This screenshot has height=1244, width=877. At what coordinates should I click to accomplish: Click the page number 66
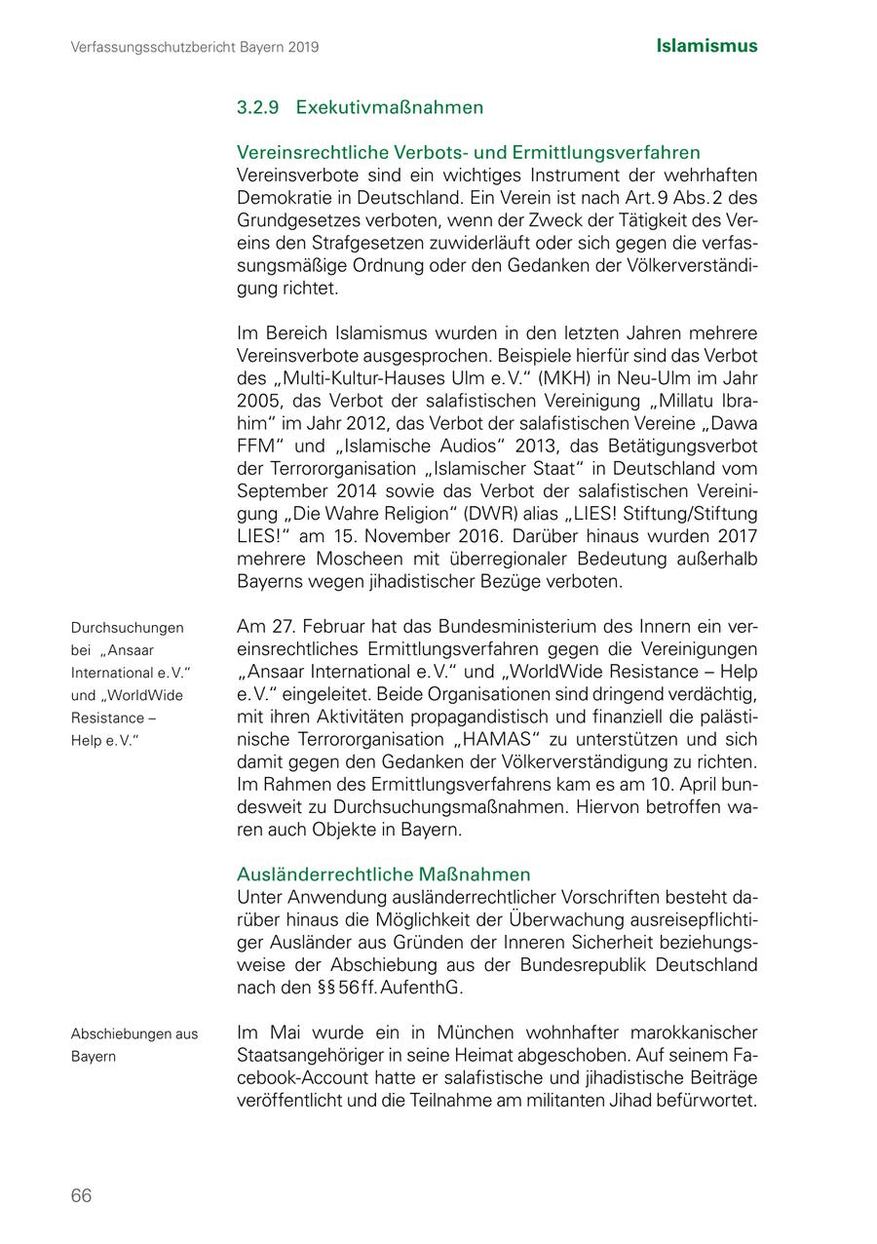pos(81,1195)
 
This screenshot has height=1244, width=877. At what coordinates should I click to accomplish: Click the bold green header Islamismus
pos(706,46)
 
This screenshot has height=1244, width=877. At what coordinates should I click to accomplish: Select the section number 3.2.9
pos(258,107)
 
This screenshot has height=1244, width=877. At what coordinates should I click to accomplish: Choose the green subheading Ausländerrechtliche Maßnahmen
pos(384,875)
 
